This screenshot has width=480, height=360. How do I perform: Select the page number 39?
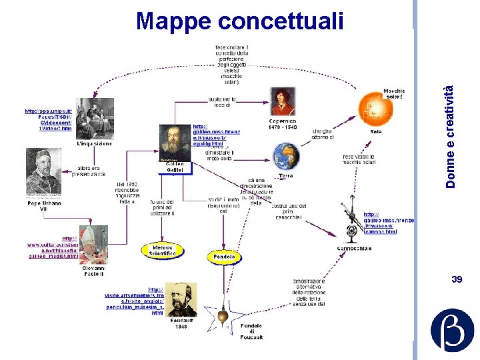pyautogui.click(x=457, y=279)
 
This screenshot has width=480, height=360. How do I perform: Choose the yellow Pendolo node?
pyautogui.click(x=224, y=257)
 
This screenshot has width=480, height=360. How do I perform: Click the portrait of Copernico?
pyautogui.click(x=283, y=101)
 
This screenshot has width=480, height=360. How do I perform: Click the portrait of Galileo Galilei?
pyautogui.click(x=175, y=142)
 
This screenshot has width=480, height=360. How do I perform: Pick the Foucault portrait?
pyautogui.click(x=181, y=299)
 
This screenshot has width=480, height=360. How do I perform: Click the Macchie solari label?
pyautogui.click(x=394, y=94)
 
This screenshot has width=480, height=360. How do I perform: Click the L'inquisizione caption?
pyautogui.click(x=95, y=143)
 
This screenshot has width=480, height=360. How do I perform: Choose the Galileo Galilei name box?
pyautogui.click(x=175, y=167)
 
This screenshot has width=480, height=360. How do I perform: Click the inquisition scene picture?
pyautogui.click(x=95, y=117)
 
